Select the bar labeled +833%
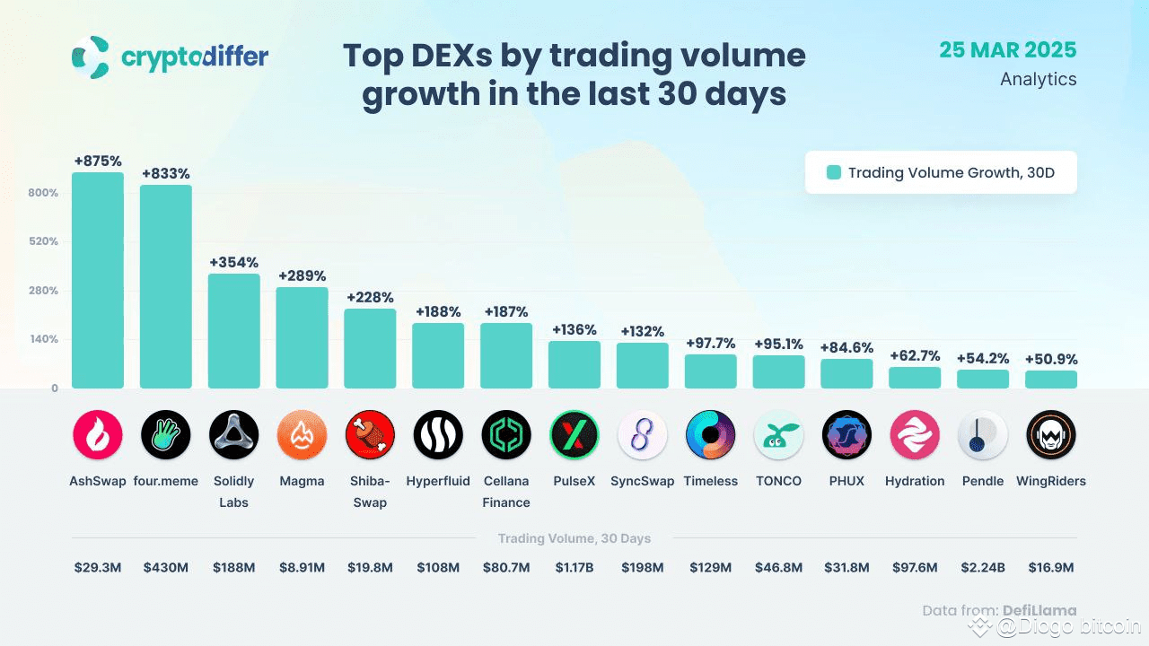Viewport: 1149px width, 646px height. [166, 286]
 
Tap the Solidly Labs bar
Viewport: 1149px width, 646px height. [234, 331]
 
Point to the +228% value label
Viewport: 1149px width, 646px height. [370, 298]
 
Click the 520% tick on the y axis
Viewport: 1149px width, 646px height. [43, 241]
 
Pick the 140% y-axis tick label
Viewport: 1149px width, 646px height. [43, 339]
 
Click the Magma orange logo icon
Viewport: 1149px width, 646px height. [302, 435]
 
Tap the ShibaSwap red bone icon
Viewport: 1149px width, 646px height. [370, 435]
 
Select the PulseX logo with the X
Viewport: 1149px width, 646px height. [574, 435]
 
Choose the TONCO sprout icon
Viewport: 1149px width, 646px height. [778, 435]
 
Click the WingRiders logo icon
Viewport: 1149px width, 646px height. [1051, 435]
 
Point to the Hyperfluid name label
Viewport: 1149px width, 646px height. [438, 481]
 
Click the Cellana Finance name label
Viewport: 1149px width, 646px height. [506, 492]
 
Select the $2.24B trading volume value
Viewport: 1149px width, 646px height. [983, 567]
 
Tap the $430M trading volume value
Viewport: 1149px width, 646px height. [166, 567]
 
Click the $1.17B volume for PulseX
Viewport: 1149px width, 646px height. [574, 567]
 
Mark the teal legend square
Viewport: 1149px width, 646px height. [834, 172]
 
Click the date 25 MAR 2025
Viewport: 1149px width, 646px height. [1008, 49]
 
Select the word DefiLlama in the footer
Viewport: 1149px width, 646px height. [1039, 611]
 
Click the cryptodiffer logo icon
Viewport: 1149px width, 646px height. [92, 57]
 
